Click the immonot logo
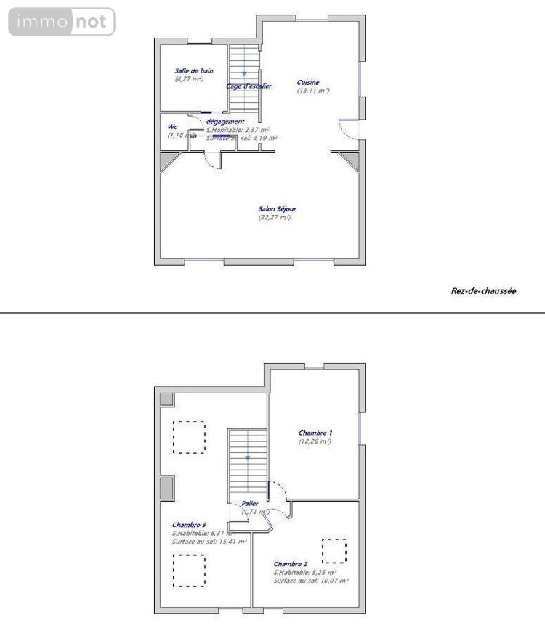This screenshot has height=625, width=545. (62, 22)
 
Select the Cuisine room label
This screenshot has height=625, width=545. (308, 83)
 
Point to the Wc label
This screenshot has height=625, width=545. (172, 126)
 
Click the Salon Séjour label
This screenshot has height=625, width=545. (277, 209)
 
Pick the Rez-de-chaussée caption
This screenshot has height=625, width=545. (483, 290)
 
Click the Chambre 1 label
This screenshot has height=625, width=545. (315, 433)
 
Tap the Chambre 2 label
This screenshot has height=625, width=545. (291, 564)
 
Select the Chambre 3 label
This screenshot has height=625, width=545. (189, 525)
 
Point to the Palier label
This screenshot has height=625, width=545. (251, 503)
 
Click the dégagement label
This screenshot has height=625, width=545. (225, 122)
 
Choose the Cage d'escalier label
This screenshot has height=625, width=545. (249, 86)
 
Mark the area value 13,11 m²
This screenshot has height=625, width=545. (313, 91)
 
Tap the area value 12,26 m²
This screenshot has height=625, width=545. (315, 441)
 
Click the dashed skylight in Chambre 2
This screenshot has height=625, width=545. (334, 550)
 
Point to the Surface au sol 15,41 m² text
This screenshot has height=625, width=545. (209, 542)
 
